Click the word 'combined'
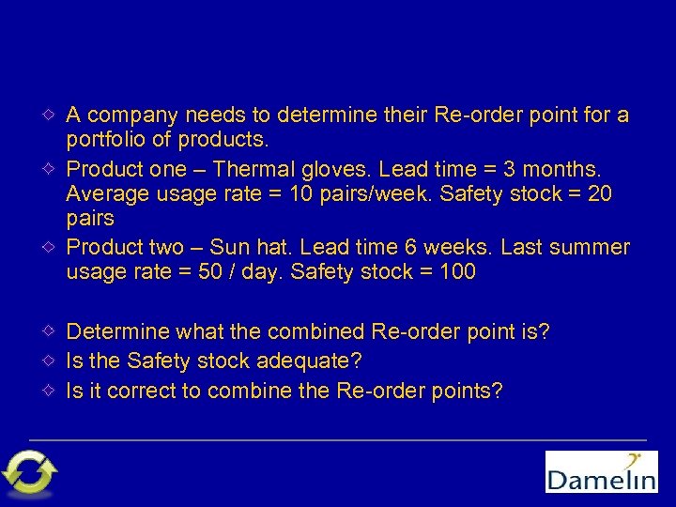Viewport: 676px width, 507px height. coord(316,332)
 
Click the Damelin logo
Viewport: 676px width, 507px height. coord(602,471)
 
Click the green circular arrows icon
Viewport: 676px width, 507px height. coord(30,472)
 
